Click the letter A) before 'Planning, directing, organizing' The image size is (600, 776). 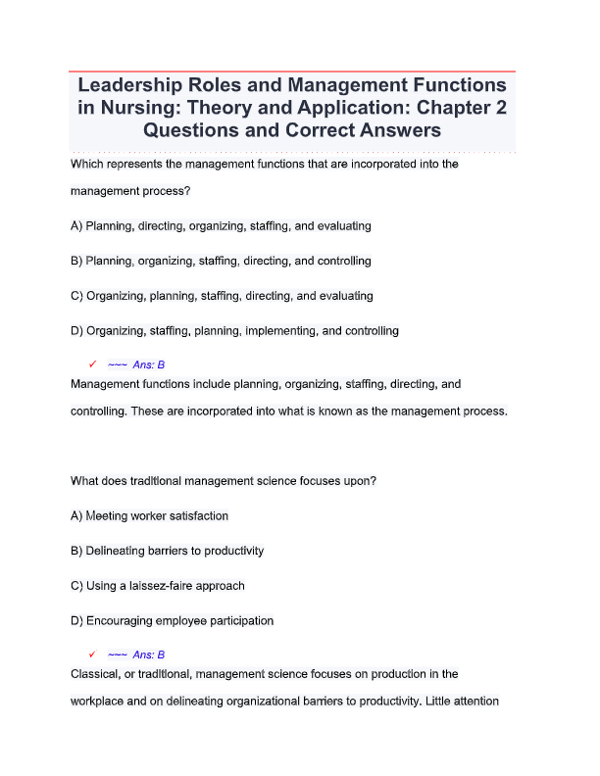click(x=77, y=226)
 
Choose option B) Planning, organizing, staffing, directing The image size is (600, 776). click(x=221, y=262)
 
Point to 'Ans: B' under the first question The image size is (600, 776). click(x=149, y=364)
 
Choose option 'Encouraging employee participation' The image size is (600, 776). click(x=179, y=620)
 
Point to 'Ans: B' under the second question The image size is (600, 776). click(x=149, y=655)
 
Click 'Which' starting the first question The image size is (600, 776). click(x=88, y=165)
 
